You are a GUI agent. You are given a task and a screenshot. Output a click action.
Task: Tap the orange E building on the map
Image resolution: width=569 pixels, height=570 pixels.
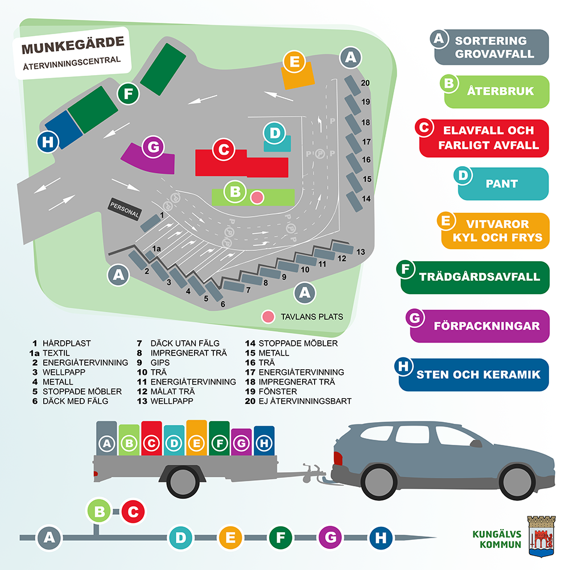coord(298,71)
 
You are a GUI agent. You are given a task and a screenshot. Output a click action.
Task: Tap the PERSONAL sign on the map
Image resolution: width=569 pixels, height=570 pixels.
coord(125,208)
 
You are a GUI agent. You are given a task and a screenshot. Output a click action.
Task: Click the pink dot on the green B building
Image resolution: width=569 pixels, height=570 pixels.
coord(257,197)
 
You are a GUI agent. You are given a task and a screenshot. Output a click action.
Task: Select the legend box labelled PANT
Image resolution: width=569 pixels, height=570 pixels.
coord(502,183)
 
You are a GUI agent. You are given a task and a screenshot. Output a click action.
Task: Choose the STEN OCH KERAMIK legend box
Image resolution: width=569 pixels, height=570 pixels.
coord(473,375)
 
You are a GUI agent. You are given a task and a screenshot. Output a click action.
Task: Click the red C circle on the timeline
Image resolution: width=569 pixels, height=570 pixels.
coord(133,511)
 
